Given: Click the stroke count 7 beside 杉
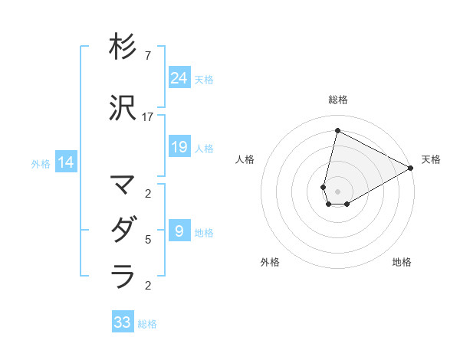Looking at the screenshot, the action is (148, 56).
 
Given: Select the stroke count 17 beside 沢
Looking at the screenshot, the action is (148, 116).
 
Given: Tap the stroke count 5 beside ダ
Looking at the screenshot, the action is (148, 240).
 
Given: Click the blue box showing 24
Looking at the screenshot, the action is (179, 77).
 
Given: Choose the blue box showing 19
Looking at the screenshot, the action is (179, 147).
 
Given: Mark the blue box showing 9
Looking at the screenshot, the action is (179, 231).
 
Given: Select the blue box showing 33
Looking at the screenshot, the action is (123, 322).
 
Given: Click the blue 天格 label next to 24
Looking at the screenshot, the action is (204, 80).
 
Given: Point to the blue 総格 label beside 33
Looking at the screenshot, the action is (148, 325).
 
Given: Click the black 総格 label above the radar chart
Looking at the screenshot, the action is (337, 100).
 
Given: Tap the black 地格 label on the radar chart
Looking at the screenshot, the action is (402, 262).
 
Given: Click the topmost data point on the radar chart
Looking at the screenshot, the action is (337, 130).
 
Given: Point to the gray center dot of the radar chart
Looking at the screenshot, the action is (337, 191).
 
